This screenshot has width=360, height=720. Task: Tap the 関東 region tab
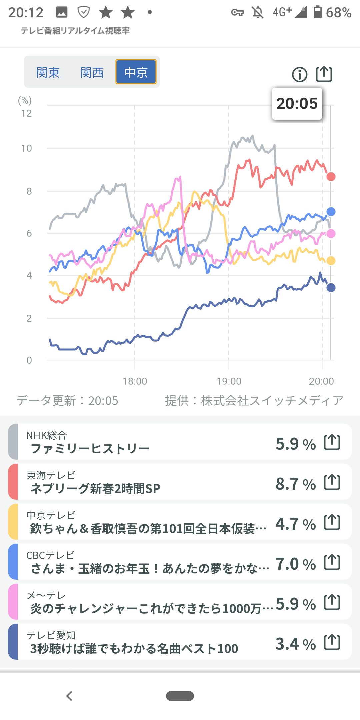(x=48, y=72)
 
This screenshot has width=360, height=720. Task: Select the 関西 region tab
(x=92, y=72)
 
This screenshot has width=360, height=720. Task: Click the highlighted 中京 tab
(x=136, y=72)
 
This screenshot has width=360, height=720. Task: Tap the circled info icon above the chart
(x=299, y=74)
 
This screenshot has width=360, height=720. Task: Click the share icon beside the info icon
(x=324, y=74)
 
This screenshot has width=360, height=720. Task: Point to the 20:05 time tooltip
(x=297, y=104)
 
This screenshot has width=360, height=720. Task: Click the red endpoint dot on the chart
(x=331, y=177)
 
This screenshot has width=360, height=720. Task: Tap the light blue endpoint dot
(x=331, y=212)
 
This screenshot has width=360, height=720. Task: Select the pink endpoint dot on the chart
(x=331, y=234)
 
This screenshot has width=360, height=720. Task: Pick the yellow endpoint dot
(x=331, y=261)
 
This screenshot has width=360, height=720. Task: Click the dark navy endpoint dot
(x=331, y=288)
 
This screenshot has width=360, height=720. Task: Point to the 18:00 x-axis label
(x=135, y=381)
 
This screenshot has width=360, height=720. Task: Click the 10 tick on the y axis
(x=26, y=148)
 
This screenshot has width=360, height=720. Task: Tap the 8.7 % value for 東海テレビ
(x=295, y=484)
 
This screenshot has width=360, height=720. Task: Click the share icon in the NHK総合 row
(x=332, y=442)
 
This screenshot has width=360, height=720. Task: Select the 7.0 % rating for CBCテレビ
(x=295, y=564)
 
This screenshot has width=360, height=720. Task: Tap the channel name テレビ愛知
(x=51, y=635)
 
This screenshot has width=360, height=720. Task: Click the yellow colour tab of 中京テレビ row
(x=13, y=522)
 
